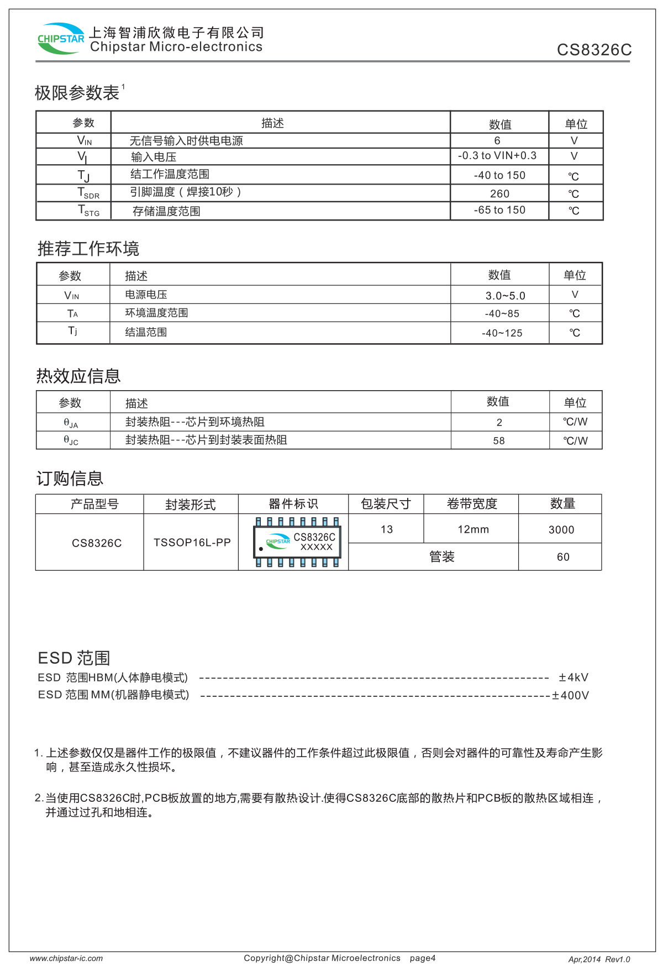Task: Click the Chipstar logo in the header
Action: pyautogui.click(x=60, y=39)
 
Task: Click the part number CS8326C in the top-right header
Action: pyautogui.click(x=594, y=50)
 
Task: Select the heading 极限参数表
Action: pyautogui.click(x=77, y=93)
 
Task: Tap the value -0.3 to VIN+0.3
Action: pyautogui.click(x=497, y=156)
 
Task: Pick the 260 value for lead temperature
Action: pyautogui.click(x=499, y=193)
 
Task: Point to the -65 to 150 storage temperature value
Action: pyautogui.click(x=499, y=210)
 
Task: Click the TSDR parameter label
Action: pyautogui.click(x=88, y=193)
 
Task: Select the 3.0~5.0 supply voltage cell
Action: pyautogui.click(x=505, y=296)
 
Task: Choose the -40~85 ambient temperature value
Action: pyautogui.click(x=502, y=314)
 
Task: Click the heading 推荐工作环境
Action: pyautogui.click(x=88, y=249)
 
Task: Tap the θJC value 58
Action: pyautogui.click(x=499, y=441)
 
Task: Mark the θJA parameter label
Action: pyautogui.click(x=71, y=423)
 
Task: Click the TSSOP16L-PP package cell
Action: pyautogui.click(x=192, y=543)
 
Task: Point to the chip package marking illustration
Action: pyautogui.click(x=297, y=542)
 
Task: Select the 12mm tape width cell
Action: pyautogui.click(x=473, y=529)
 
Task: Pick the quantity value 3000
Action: pyautogui.click(x=561, y=530)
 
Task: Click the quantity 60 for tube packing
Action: pyautogui.click(x=563, y=557)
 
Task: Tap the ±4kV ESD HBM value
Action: pyautogui.click(x=573, y=677)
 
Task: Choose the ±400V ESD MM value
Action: pyautogui.click(x=571, y=695)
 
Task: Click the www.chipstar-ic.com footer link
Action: pyautogui.click(x=66, y=959)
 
